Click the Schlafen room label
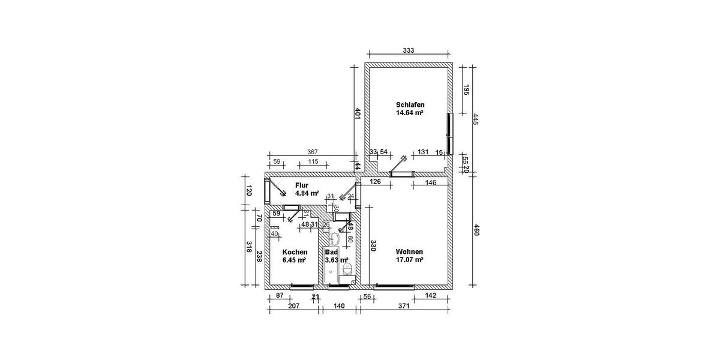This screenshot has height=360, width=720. (410, 104)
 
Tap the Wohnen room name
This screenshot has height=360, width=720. (410, 251)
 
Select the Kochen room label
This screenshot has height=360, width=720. (295, 252)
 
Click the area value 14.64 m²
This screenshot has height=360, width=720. (410, 112)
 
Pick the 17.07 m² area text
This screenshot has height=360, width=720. (410, 260)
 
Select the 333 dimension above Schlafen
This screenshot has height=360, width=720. (409, 51)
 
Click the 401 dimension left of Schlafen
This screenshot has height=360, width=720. (358, 114)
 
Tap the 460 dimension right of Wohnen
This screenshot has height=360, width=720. (476, 229)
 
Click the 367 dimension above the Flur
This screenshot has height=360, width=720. (312, 152)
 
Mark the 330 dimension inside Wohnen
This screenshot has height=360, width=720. (373, 245)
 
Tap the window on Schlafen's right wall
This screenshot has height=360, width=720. (448, 133)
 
